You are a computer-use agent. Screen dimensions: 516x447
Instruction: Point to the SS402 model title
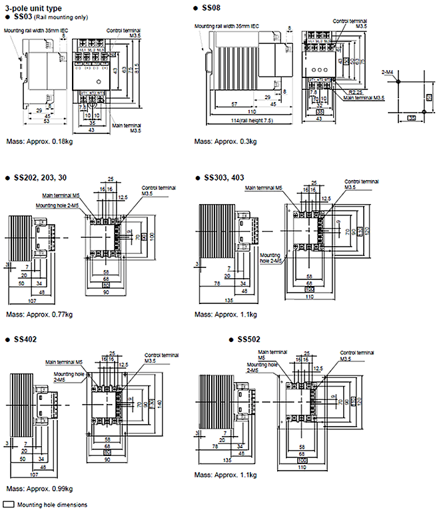pyautogui.click(x=25, y=339)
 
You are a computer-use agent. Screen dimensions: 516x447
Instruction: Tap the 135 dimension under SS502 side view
pyautogui.click(x=228, y=460)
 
